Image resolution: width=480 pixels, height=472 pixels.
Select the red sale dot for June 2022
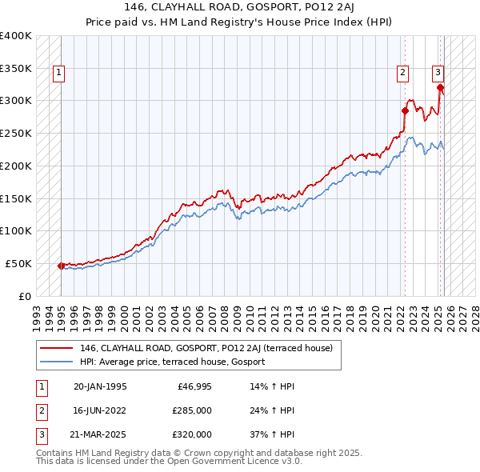[405, 110]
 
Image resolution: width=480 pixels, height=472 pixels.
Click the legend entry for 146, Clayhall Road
[211, 348]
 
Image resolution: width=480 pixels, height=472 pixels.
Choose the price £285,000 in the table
[192, 410]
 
